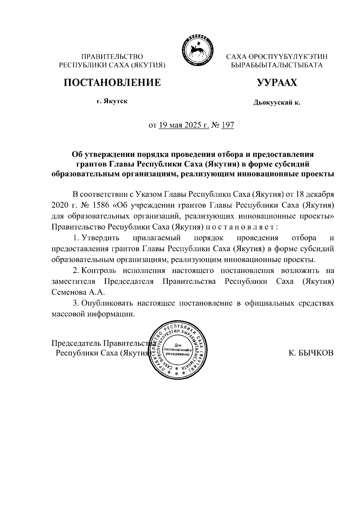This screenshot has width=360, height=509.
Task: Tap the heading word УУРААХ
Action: point(277,82)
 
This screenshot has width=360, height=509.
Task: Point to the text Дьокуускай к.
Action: point(277,103)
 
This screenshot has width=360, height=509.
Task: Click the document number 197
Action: point(227,125)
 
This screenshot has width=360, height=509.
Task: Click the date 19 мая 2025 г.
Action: point(184,125)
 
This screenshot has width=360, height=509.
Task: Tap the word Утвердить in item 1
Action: point(100,238)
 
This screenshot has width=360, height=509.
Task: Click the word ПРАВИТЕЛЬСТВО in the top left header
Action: point(112,56)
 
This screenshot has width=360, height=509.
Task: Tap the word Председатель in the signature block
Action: point(76,343)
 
